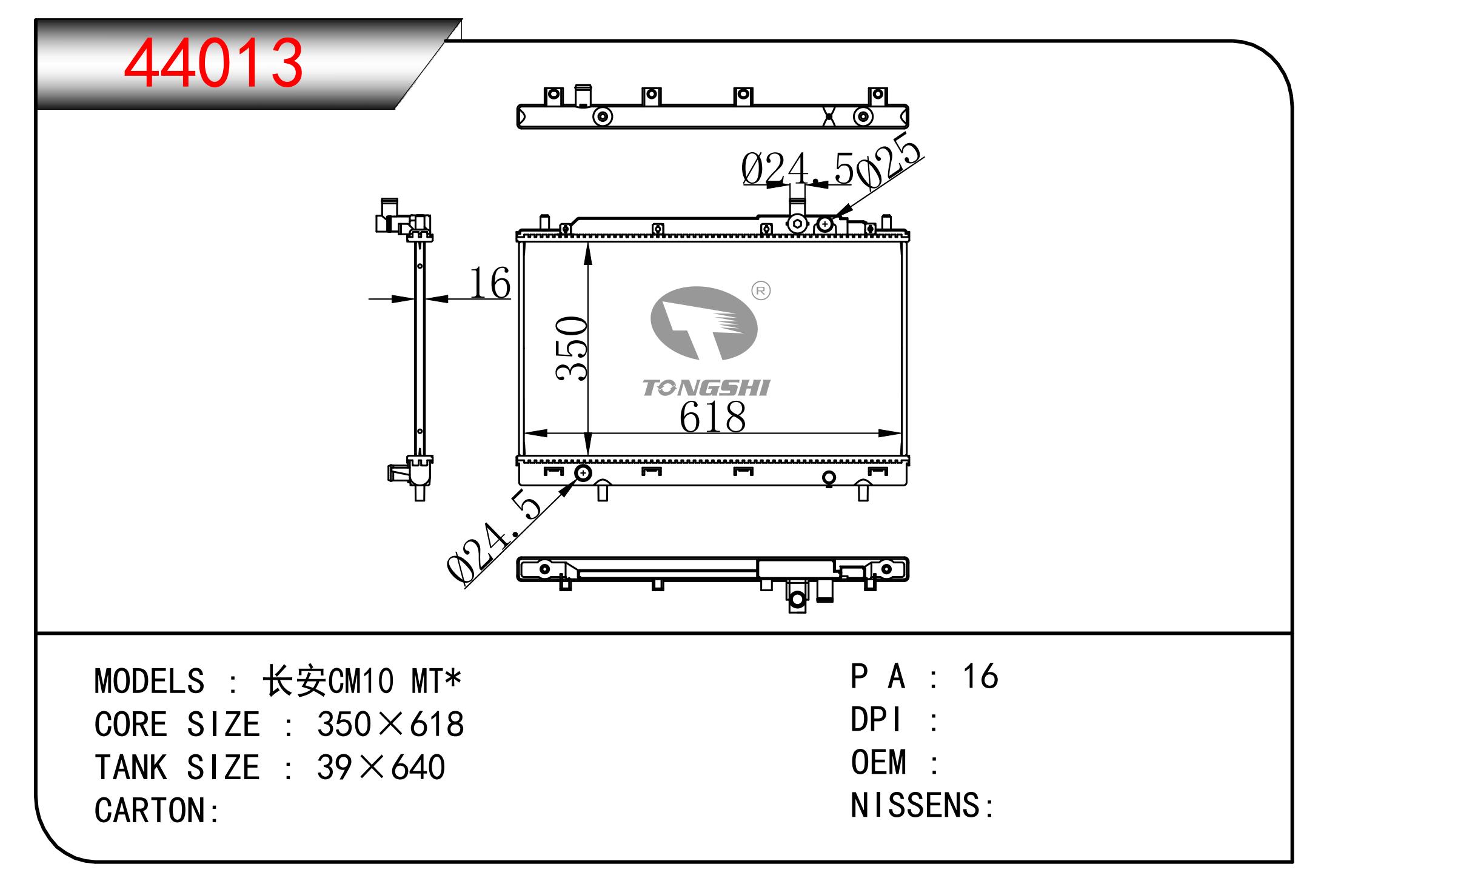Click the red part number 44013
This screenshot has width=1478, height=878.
[213, 62]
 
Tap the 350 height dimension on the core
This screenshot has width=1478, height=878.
[572, 349]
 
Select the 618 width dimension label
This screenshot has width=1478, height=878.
[712, 417]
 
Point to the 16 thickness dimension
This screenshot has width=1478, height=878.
[490, 283]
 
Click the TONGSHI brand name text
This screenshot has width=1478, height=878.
[706, 388]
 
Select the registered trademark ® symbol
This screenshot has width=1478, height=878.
[761, 291]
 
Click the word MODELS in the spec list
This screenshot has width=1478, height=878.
[150, 681]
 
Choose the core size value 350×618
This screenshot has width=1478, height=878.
[390, 724]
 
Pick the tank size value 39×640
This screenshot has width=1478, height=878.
[381, 767]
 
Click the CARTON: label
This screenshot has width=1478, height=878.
[157, 810]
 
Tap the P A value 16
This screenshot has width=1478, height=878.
[980, 676]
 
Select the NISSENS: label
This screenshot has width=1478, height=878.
[922, 805]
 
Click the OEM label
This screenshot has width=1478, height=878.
[879, 762]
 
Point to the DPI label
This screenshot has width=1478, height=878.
[876, 720]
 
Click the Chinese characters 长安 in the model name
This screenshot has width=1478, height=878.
[295, 681]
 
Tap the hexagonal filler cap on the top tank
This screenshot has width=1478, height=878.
[797, 224]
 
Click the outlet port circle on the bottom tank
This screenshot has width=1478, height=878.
[583, 472]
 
